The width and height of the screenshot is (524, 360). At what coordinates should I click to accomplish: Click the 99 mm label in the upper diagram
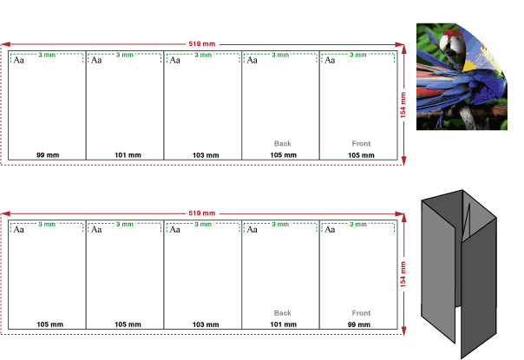click(48, 155)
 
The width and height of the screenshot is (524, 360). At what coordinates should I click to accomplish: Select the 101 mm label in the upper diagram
click(128, 155)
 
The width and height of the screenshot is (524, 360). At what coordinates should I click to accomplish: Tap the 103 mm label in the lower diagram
click(206, 324)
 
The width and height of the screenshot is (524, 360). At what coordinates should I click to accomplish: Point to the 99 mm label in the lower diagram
click(359, 324)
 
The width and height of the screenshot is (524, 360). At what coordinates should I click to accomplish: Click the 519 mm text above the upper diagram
click(202, 43)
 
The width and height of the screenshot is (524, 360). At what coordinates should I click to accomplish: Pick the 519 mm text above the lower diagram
click(202, 213)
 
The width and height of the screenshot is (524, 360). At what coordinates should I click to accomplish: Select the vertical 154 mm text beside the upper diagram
click(403, 105)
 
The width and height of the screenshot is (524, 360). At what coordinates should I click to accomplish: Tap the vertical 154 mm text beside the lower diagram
click(403, 274)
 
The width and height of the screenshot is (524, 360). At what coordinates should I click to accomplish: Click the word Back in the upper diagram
click(282, 144)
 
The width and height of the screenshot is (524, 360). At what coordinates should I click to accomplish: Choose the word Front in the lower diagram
click(361, 313)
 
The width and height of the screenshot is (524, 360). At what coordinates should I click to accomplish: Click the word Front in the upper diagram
click(361, 144)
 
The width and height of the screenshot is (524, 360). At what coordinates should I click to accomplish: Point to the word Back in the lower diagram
click(282, 313)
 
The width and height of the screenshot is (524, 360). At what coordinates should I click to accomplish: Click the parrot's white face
click(445, 43)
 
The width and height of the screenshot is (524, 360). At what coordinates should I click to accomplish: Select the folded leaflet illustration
click(459, 274)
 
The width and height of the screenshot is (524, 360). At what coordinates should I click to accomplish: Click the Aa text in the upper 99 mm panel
click(18, 60)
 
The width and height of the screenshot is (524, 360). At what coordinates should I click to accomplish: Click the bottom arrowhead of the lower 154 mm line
click(403, 331)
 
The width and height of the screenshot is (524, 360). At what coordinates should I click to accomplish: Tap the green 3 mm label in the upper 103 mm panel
click(203, 55)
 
